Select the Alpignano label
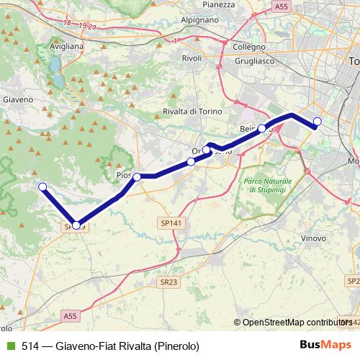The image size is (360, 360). (x=199, y=21)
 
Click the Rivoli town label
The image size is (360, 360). (x=192, y=58)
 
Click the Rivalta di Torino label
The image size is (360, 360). (x=191, y=111)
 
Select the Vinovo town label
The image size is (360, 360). (x=315, y=237)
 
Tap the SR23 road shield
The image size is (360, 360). (x=168, y=282)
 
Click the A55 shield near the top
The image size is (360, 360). (x=283, y=6)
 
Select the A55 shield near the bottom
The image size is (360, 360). (x=69, y=316)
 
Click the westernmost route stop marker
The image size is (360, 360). (x=42, y=187)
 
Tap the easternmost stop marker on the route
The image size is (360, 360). (x=318, y=121)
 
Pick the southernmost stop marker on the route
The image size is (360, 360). (x=77, y=225)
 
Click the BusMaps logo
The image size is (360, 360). (x=325, y=345)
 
